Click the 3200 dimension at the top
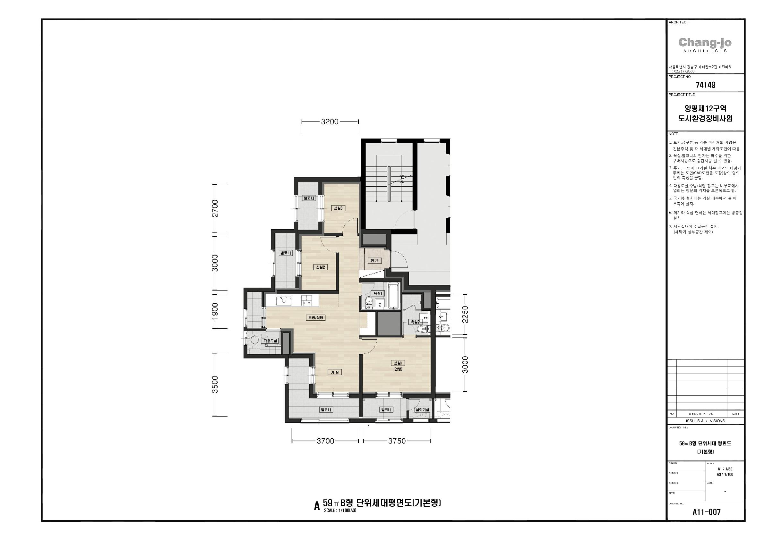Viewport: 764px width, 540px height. pyautogui.click(x=330, y=122)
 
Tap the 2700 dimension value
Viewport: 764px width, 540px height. pyautogui.click(x=215, y=208)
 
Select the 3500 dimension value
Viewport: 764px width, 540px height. pyautogui.click(x=215, y=384)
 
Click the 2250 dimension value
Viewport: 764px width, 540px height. pyautogui.click(x=465, y=314)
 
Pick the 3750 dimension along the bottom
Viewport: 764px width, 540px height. pyautogui.click(x=397, y=441)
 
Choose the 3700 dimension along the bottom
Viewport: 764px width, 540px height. pyautogui.click(x=325, y=441)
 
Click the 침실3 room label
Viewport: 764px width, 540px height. pyautogui.click(x=338, y=208)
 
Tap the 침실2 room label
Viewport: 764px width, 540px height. pyautogui.click(x=321, y=267)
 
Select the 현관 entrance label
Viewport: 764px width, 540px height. pyautogui.click(x=375, y=261)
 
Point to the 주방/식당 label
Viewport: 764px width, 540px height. pyautogui.click(x=316, y=318)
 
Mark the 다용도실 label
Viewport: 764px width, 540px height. pyautogui.click(x=270, y=341)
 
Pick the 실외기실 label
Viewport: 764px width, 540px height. pyautogui.click(x=422, y=410)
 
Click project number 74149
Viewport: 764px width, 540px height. pyautogui.click(x=705, y=85)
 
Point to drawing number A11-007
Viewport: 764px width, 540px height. pyautogui.click(x=707, y=512)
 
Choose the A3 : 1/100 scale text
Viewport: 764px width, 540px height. pyautogui.click(x=725, y=475)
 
